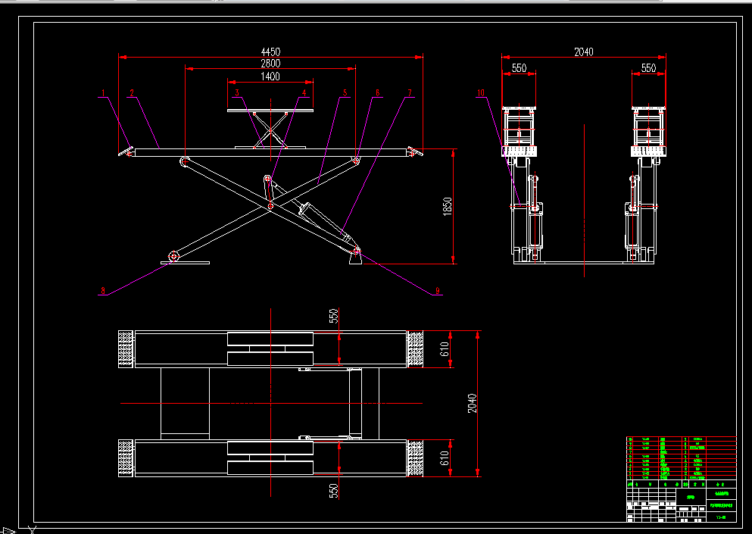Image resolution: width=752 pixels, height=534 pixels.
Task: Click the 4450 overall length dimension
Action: [x=270, y=52]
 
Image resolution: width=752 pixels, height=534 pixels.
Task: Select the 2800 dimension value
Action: [x=270, y=64]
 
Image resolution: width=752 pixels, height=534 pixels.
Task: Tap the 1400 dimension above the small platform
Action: [x=270, y=77]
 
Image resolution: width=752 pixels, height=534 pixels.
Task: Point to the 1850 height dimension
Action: [x=448, y=205]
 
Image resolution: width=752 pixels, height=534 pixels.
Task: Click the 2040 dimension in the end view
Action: [x=583, y=52]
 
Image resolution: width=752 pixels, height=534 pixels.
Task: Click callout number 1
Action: [x=104, y=94]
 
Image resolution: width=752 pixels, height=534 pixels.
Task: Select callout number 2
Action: [x=131, y=94]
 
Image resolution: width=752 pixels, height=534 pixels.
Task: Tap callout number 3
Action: [x=237, y=94]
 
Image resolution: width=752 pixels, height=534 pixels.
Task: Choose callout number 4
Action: [x=305, y=94]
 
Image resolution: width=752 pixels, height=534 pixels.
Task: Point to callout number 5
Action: [x=345, y=94]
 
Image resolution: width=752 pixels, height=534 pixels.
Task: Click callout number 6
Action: [x=377, y=94]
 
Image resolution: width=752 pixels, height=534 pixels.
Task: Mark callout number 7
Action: [x=410, y=94]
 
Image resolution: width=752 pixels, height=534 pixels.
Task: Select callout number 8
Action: [x=102, y=290]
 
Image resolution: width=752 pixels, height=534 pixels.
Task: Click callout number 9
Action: [x=436, y=290]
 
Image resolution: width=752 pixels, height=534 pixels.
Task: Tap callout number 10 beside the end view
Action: [x=481, y=94]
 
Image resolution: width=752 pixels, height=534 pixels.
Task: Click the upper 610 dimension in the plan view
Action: [x=445, y=349]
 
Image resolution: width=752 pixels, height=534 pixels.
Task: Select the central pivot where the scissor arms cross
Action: [x=270, y=205]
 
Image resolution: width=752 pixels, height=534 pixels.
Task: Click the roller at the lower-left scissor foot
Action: [x=174, y=256]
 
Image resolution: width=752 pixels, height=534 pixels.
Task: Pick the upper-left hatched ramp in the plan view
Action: [x=126, y=349]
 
